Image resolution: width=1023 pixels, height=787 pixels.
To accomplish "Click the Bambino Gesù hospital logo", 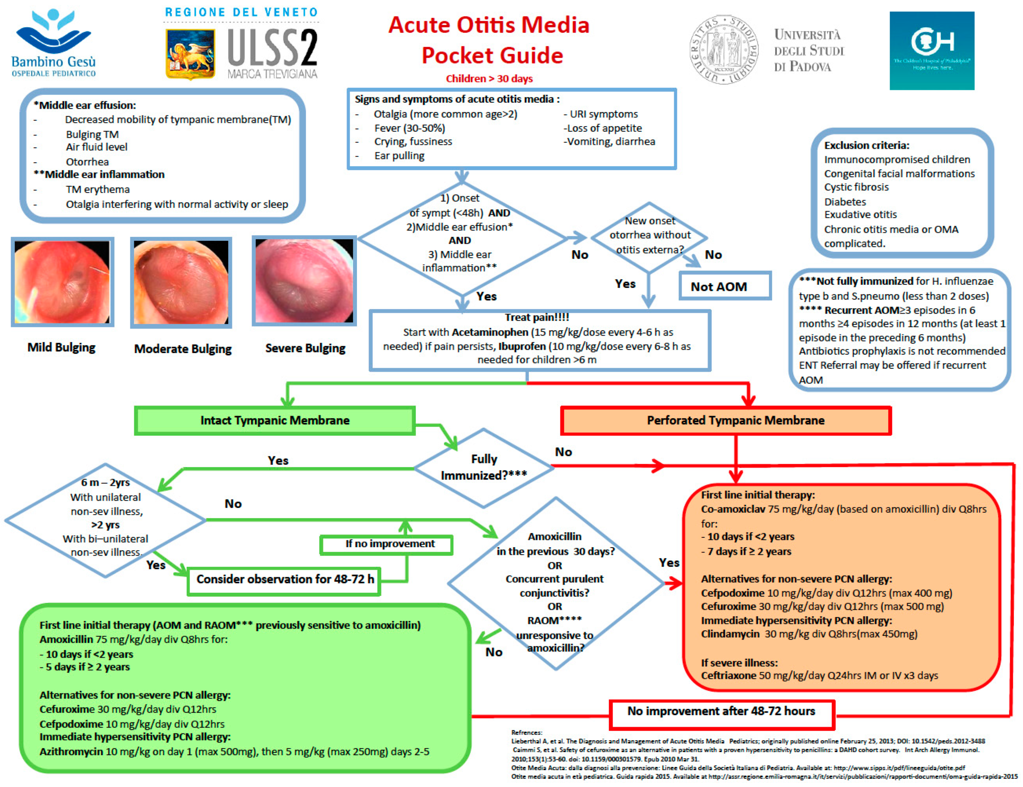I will (x=54, y=43).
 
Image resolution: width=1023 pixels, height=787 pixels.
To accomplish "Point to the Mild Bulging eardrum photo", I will (x=62, y=282).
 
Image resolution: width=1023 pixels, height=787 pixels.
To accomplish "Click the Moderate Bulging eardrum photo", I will (x=181, y=282).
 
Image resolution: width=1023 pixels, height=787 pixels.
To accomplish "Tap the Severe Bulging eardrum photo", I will (x=304, y=281).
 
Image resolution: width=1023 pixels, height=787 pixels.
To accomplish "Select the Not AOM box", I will (x=724, y=286).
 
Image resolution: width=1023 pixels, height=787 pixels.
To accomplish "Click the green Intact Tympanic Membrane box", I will (x=275, y=420).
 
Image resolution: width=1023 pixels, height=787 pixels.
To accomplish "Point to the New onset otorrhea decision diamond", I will (x=649, y=235).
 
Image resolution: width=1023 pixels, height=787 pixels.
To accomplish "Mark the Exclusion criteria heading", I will (x=866, y=145).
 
